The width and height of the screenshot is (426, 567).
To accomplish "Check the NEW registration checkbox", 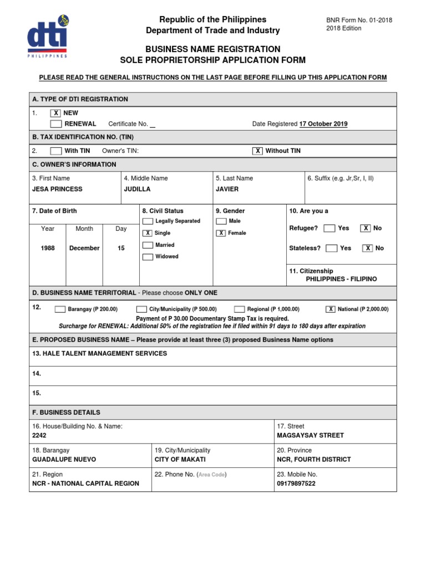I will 55,113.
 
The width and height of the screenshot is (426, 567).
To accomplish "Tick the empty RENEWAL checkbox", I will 55,123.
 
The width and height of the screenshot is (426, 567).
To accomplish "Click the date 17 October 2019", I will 323,124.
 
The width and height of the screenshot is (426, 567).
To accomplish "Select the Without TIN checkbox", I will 257,151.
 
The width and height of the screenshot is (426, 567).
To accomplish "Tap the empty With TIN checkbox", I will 55,151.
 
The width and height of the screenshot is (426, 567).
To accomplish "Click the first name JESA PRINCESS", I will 57,189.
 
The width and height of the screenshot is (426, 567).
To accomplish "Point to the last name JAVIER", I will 227,189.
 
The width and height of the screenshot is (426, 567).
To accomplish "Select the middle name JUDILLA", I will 137,189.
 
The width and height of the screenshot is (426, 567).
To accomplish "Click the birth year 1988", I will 48,249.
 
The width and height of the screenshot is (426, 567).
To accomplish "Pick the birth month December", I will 84,249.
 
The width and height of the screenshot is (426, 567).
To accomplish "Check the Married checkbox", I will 148,245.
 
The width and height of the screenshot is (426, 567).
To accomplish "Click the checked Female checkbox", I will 221,233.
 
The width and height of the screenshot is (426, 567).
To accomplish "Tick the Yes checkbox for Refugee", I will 329,228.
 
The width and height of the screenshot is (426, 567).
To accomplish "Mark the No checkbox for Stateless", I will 367,249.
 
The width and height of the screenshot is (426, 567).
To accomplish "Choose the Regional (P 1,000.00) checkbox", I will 240,310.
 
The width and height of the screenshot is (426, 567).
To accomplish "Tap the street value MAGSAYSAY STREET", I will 310,435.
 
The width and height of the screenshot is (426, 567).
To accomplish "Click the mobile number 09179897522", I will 296,483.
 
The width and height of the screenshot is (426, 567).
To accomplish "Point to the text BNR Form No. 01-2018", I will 359,20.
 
